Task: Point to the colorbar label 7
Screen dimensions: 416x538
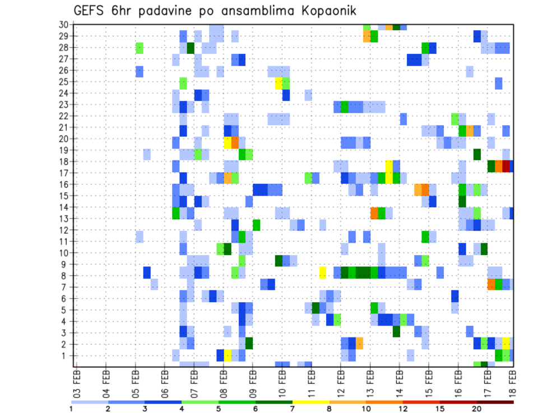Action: pyautogui.click(x=293, y=409)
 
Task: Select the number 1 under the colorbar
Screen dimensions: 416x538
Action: pyautogui.click(x=71, y=409)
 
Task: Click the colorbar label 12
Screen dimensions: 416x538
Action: pyautogui.click(x=403, y=409)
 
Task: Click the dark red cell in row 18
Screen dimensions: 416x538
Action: pyautogui.click(x=506, y=166)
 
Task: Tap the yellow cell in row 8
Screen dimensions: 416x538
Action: pyautogui.click(x=323, y=272)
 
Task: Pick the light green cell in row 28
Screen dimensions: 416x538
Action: pyautogui.click(x=140, y=48)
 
